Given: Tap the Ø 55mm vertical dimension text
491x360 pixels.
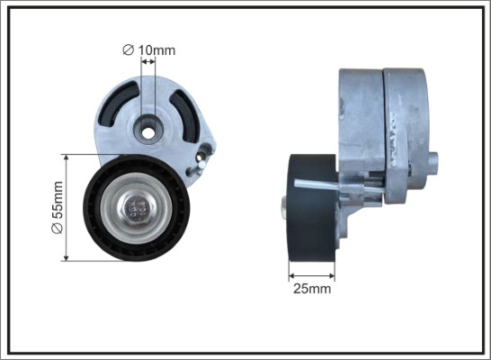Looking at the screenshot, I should [x=57, y=208].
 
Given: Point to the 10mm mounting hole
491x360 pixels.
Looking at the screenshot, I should [x=146, y=131].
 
